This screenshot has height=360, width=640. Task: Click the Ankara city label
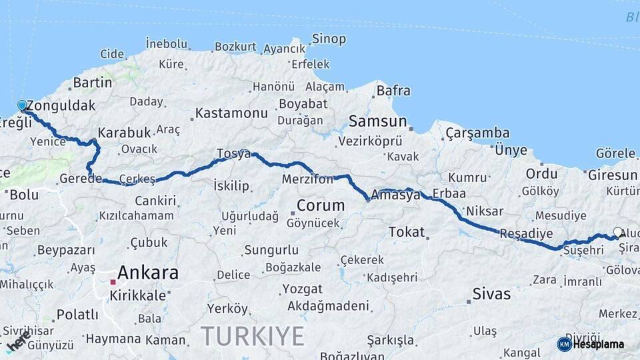148,273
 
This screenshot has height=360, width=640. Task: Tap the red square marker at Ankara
113,282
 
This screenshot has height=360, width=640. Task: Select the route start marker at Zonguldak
22,105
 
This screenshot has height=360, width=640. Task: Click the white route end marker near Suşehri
617,233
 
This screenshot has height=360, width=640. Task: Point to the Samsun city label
377,121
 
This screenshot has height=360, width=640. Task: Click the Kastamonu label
231,113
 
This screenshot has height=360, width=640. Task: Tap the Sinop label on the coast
329,39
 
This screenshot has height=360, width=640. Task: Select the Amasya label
398,195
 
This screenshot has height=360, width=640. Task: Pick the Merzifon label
307,180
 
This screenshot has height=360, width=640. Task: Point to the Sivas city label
491,294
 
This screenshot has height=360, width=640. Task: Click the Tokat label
406,232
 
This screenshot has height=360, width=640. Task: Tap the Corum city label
321,205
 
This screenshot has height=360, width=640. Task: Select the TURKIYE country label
253,335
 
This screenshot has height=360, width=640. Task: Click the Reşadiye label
526,233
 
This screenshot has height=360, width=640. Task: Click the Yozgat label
302,289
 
